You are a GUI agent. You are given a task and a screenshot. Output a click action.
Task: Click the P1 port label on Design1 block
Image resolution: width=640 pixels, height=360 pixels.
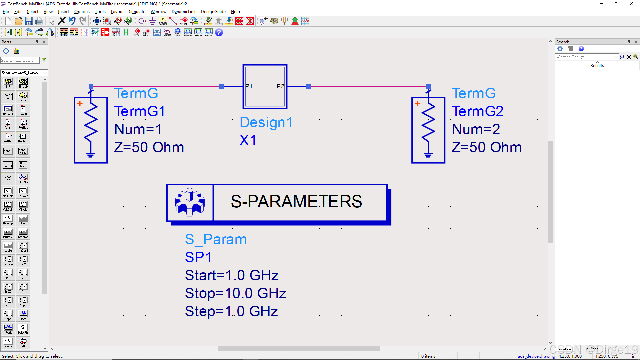pyautogui.click(x=249, y=86)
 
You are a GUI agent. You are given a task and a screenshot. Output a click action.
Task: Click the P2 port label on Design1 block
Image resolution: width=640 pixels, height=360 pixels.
pyautogui.click(x=280, y=86)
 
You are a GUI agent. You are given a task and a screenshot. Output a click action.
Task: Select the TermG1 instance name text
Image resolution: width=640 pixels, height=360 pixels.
pyautogui.click(x=139, y=111)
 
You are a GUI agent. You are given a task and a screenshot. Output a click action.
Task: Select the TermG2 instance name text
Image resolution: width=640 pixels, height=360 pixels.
pyautogui.click(x=477, y=111)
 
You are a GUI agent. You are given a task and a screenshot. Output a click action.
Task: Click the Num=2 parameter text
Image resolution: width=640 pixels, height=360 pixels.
pyautogui.click(x=476, y=129)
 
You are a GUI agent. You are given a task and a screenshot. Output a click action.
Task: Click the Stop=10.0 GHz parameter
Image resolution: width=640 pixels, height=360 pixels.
pyautogui.click(x=235, y=293)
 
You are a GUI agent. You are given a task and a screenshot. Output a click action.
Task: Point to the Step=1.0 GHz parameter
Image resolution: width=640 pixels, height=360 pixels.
pyautogui.click(x=231, y=311)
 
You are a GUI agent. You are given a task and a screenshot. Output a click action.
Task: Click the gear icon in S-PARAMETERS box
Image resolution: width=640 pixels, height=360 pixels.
pyautogui.click(x=190, y=202)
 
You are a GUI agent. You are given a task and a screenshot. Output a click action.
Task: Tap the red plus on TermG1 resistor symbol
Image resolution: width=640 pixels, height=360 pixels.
pyautogui.click(x=80, y=104)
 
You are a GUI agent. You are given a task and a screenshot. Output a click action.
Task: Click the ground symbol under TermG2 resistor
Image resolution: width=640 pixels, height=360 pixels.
pyautogui.click(x=428, y=155)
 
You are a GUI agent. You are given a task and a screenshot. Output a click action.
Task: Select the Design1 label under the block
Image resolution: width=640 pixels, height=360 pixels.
pyautogui.click(x=266, y=122)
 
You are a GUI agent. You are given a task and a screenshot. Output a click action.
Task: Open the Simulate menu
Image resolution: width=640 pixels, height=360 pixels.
pyautogui.click(x=137, y=12)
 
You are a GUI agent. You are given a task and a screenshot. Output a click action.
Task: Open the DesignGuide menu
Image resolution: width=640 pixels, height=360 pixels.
pyautogui.click(x=213, y=12)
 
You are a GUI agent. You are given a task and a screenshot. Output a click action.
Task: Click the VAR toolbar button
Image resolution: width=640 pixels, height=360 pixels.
pyautogui.click(x=163, y=21)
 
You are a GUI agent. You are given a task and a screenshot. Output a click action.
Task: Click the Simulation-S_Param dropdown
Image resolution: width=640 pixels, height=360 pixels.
pyautogui.click(x=24, y=73)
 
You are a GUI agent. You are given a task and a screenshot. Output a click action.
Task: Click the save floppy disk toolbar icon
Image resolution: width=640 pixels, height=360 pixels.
pyautogui.click(x=29, y=21)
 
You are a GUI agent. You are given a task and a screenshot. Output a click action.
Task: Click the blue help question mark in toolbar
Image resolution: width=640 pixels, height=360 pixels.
pyautogui.click(x=219, y=32)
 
